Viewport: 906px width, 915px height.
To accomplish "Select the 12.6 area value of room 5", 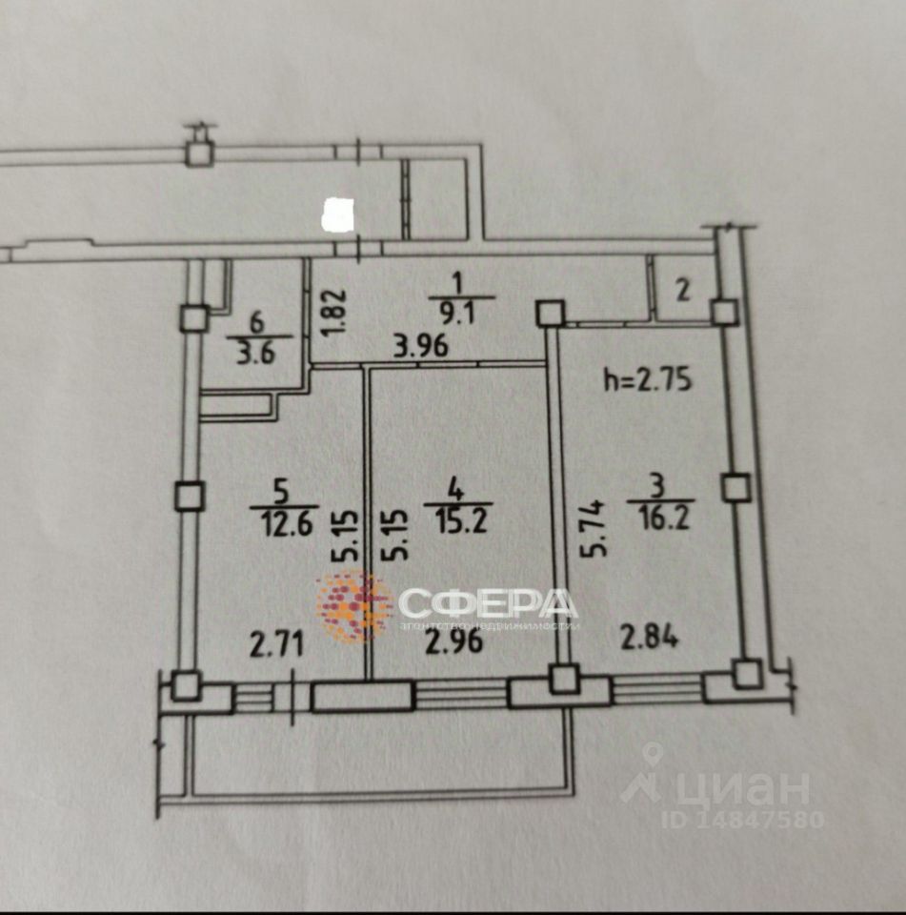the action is coord(280,523).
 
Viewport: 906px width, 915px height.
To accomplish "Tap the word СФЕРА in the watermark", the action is coord(487,603).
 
